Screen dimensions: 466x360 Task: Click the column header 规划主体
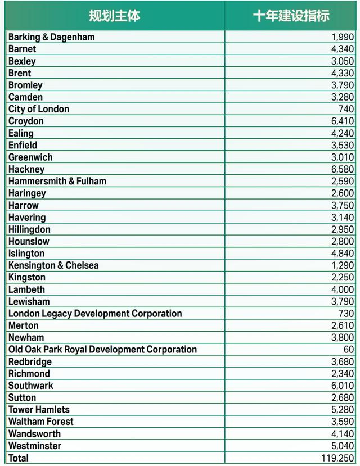click(x=114, y=16)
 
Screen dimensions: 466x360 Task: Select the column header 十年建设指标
click(x=291, y=16)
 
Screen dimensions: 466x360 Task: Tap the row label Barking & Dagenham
click(x=52, y=37)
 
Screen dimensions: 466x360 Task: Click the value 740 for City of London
click(x=346, y=109)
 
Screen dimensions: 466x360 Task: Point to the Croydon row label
click(x=26, y=121)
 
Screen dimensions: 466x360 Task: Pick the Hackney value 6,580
click(x=343, y=169)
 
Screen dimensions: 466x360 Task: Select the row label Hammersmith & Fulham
click(x=57, y=181)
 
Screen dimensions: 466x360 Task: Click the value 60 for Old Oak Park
click(x=349, y=350)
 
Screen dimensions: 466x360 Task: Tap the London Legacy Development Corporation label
click(x=95, y=314)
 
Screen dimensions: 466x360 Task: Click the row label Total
click(x=19, y=458)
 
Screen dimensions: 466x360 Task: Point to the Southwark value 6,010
click(x=343, y=386)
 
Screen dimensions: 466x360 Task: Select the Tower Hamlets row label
click(x=39, y=410)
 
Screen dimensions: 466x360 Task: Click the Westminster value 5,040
click(x=343, y=446)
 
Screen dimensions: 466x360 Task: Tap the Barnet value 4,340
click(x=343, y=49)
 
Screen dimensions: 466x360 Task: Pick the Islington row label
click(x=26, y=254)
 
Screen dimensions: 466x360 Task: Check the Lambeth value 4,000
click(x=343, y=289)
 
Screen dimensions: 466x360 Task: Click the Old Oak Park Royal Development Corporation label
click(x=102, y=350)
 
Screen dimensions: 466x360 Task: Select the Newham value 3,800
click(x=343, y=338)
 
